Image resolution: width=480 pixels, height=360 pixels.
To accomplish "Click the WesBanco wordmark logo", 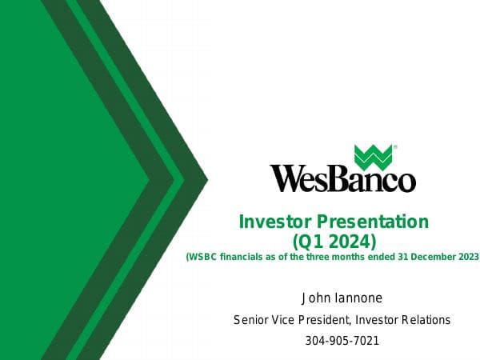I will (342, 178).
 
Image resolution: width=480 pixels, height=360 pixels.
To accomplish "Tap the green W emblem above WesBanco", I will (373, 157).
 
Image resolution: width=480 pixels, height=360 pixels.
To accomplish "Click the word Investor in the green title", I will (274, 222).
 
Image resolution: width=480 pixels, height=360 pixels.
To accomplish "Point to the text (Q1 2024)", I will (334, 239).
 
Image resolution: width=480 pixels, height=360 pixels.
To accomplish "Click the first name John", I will (314, 298).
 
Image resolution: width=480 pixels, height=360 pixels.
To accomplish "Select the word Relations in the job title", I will (426, 320).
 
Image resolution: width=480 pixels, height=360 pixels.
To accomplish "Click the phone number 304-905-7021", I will (342, 341).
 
